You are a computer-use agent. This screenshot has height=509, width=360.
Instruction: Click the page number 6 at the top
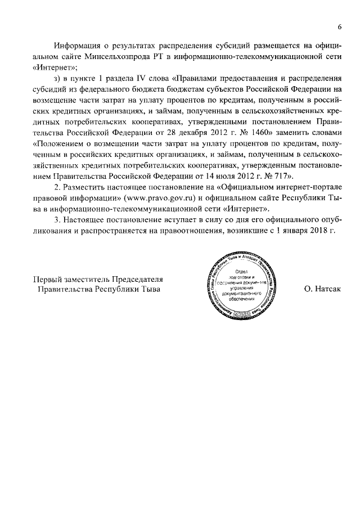(x=340, y=26)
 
